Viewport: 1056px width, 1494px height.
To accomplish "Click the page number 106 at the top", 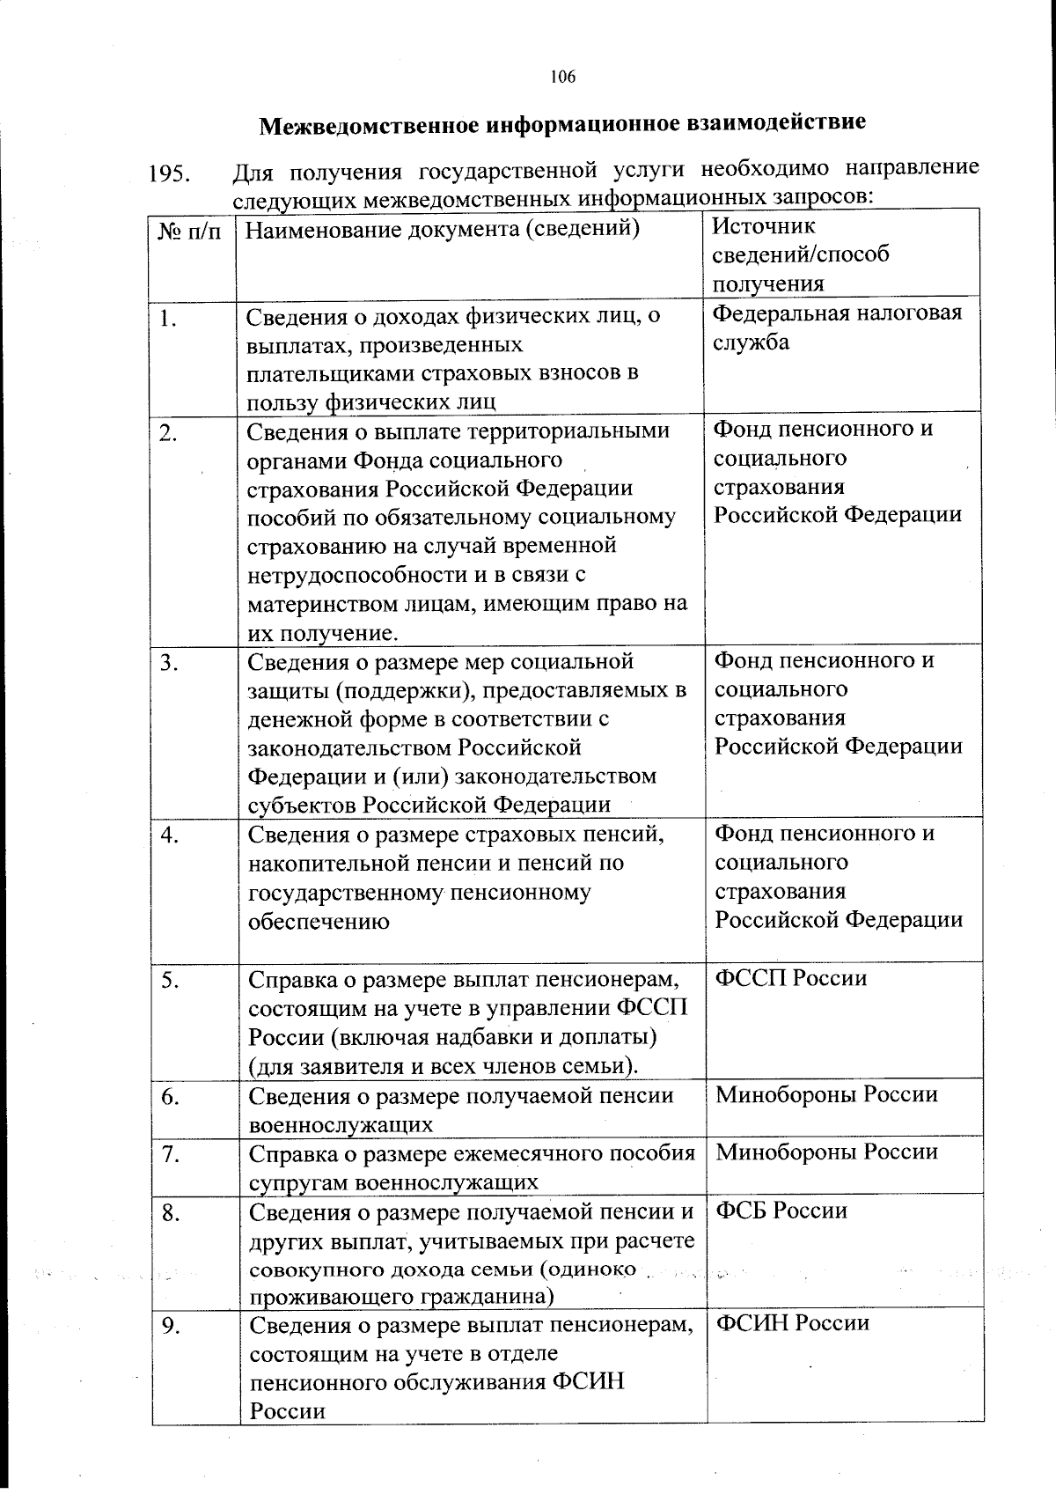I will pyautogui.click(x=563, y=77).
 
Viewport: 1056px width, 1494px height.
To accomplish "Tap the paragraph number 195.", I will pyautogui.click(x=171, y=173).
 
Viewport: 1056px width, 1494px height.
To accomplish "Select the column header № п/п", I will pyautogui.click(x=189, y=232).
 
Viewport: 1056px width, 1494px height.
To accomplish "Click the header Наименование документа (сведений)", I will pyautogui.click(x=442, y=230).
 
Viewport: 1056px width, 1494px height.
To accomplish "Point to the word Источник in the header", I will pyautogui.click(x=764, y=225).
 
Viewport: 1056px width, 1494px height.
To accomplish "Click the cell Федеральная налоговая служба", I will pyautogui.click(x=837, y=328).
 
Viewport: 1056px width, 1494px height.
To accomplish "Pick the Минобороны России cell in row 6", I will pyautogui.click(x=826, y=1094).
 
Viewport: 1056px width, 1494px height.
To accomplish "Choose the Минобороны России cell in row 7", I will pyautogui.click(x=826, y=1152).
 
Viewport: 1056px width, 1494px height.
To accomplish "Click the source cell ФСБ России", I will pyautogui.click(x=781, y=1211).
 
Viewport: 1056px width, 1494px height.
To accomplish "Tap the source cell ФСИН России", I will pyautogui.click(x=792, y=1323).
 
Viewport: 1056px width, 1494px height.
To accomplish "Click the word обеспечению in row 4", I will pyautogui.click(x=319, y=922).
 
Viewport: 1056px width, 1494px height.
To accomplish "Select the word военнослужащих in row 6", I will pyautogui.click(x=341, y=1124).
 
